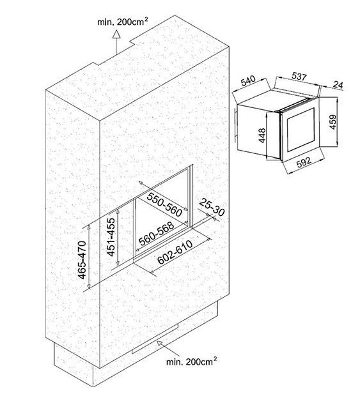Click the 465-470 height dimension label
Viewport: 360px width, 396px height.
tap(82, 260)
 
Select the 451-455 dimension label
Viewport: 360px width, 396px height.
tap(111, 237)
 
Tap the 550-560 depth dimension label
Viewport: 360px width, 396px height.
tap(164, 204)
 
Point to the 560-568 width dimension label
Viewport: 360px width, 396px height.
tap(157, 234)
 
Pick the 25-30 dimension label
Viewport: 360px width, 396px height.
tap(212, 207)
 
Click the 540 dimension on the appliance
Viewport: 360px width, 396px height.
tap(249, 80)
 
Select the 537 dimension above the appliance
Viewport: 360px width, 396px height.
tap(299, 76)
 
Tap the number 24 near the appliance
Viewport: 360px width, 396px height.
tap(338, 84)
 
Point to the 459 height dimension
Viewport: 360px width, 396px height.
tap(333, 122)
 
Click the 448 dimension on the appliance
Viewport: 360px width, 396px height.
tap(263, 135)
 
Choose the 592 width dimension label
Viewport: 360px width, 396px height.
tap(304, 162)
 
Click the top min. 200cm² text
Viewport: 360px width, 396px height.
tap(123, 22)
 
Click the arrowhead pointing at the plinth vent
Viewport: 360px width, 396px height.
tap(160, 343)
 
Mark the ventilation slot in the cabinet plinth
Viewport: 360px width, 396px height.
tap(155, 339)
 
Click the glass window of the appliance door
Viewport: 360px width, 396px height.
tap(301, 130)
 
